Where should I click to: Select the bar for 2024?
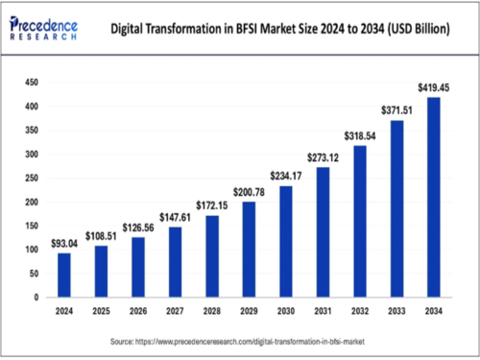64,275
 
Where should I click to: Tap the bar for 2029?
249,250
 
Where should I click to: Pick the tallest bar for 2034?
434,197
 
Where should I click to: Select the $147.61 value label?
175,218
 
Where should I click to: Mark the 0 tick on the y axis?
35,298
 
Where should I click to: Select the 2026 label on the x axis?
138,312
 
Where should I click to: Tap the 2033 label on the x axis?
396,312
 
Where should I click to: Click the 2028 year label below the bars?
212,312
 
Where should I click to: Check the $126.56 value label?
138,228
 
